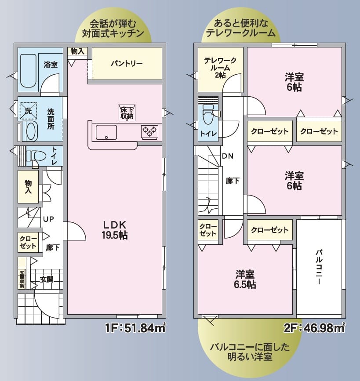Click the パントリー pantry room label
click(126, 63)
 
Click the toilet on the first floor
click(35, 156)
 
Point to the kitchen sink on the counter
click(106, 132)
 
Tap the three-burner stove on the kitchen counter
click(149, 131)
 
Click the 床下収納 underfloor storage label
click(127, 112)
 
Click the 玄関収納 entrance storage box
click(22, 278)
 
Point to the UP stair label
click(48, 219)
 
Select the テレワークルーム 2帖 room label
click(220, 68)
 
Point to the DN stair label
click(228, 156)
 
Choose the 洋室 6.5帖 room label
click(245, 279)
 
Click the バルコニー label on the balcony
click(319, 267)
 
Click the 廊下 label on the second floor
click(233, 180)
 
